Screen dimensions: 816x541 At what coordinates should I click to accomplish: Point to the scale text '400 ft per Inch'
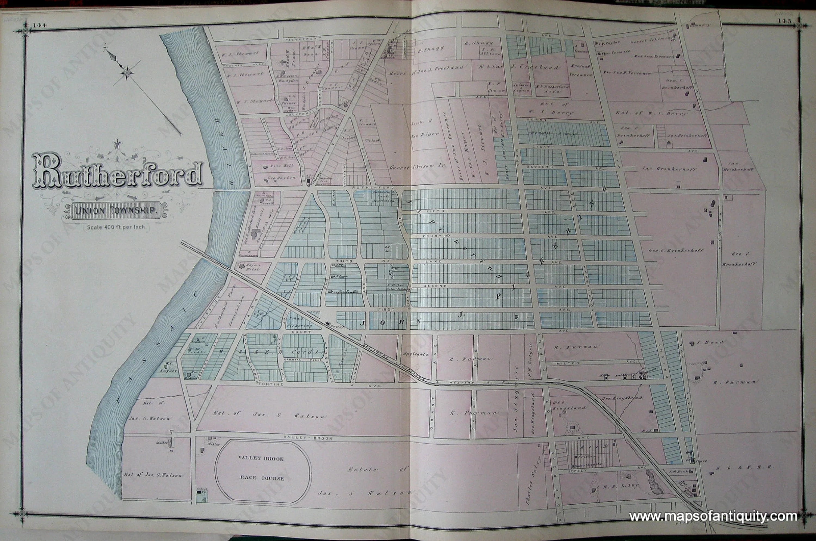(116, 227)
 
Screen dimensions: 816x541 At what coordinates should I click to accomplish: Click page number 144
(40, 25)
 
